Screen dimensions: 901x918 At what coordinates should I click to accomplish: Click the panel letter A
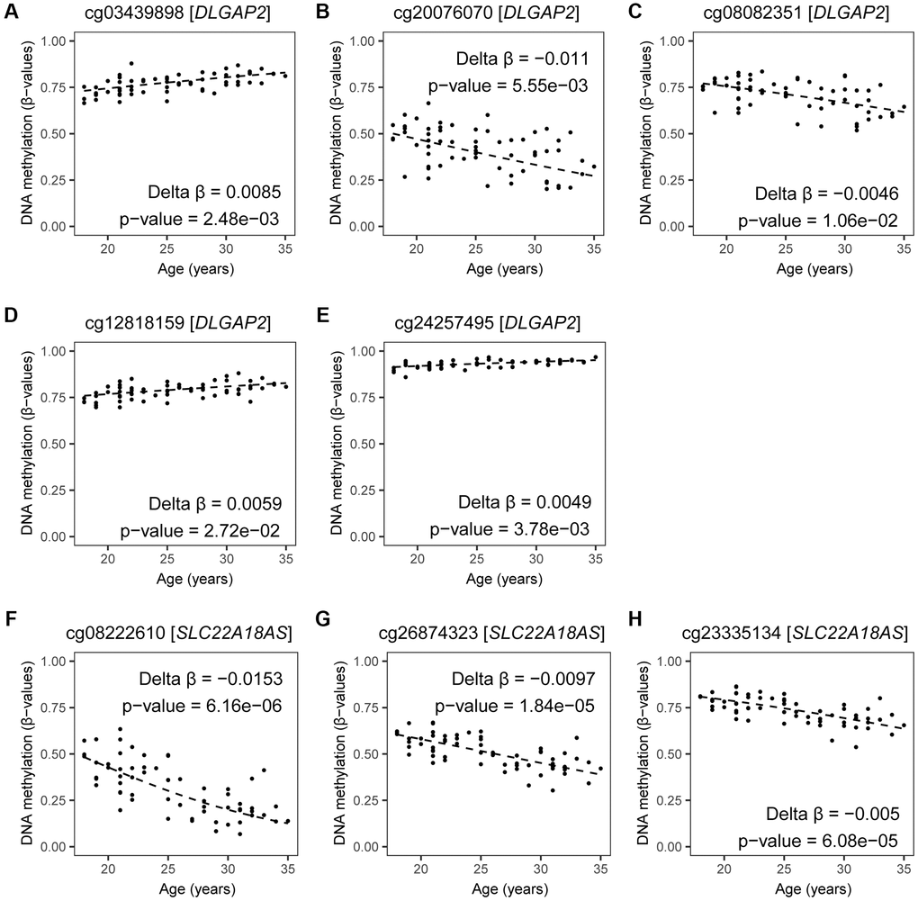(11, 10)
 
